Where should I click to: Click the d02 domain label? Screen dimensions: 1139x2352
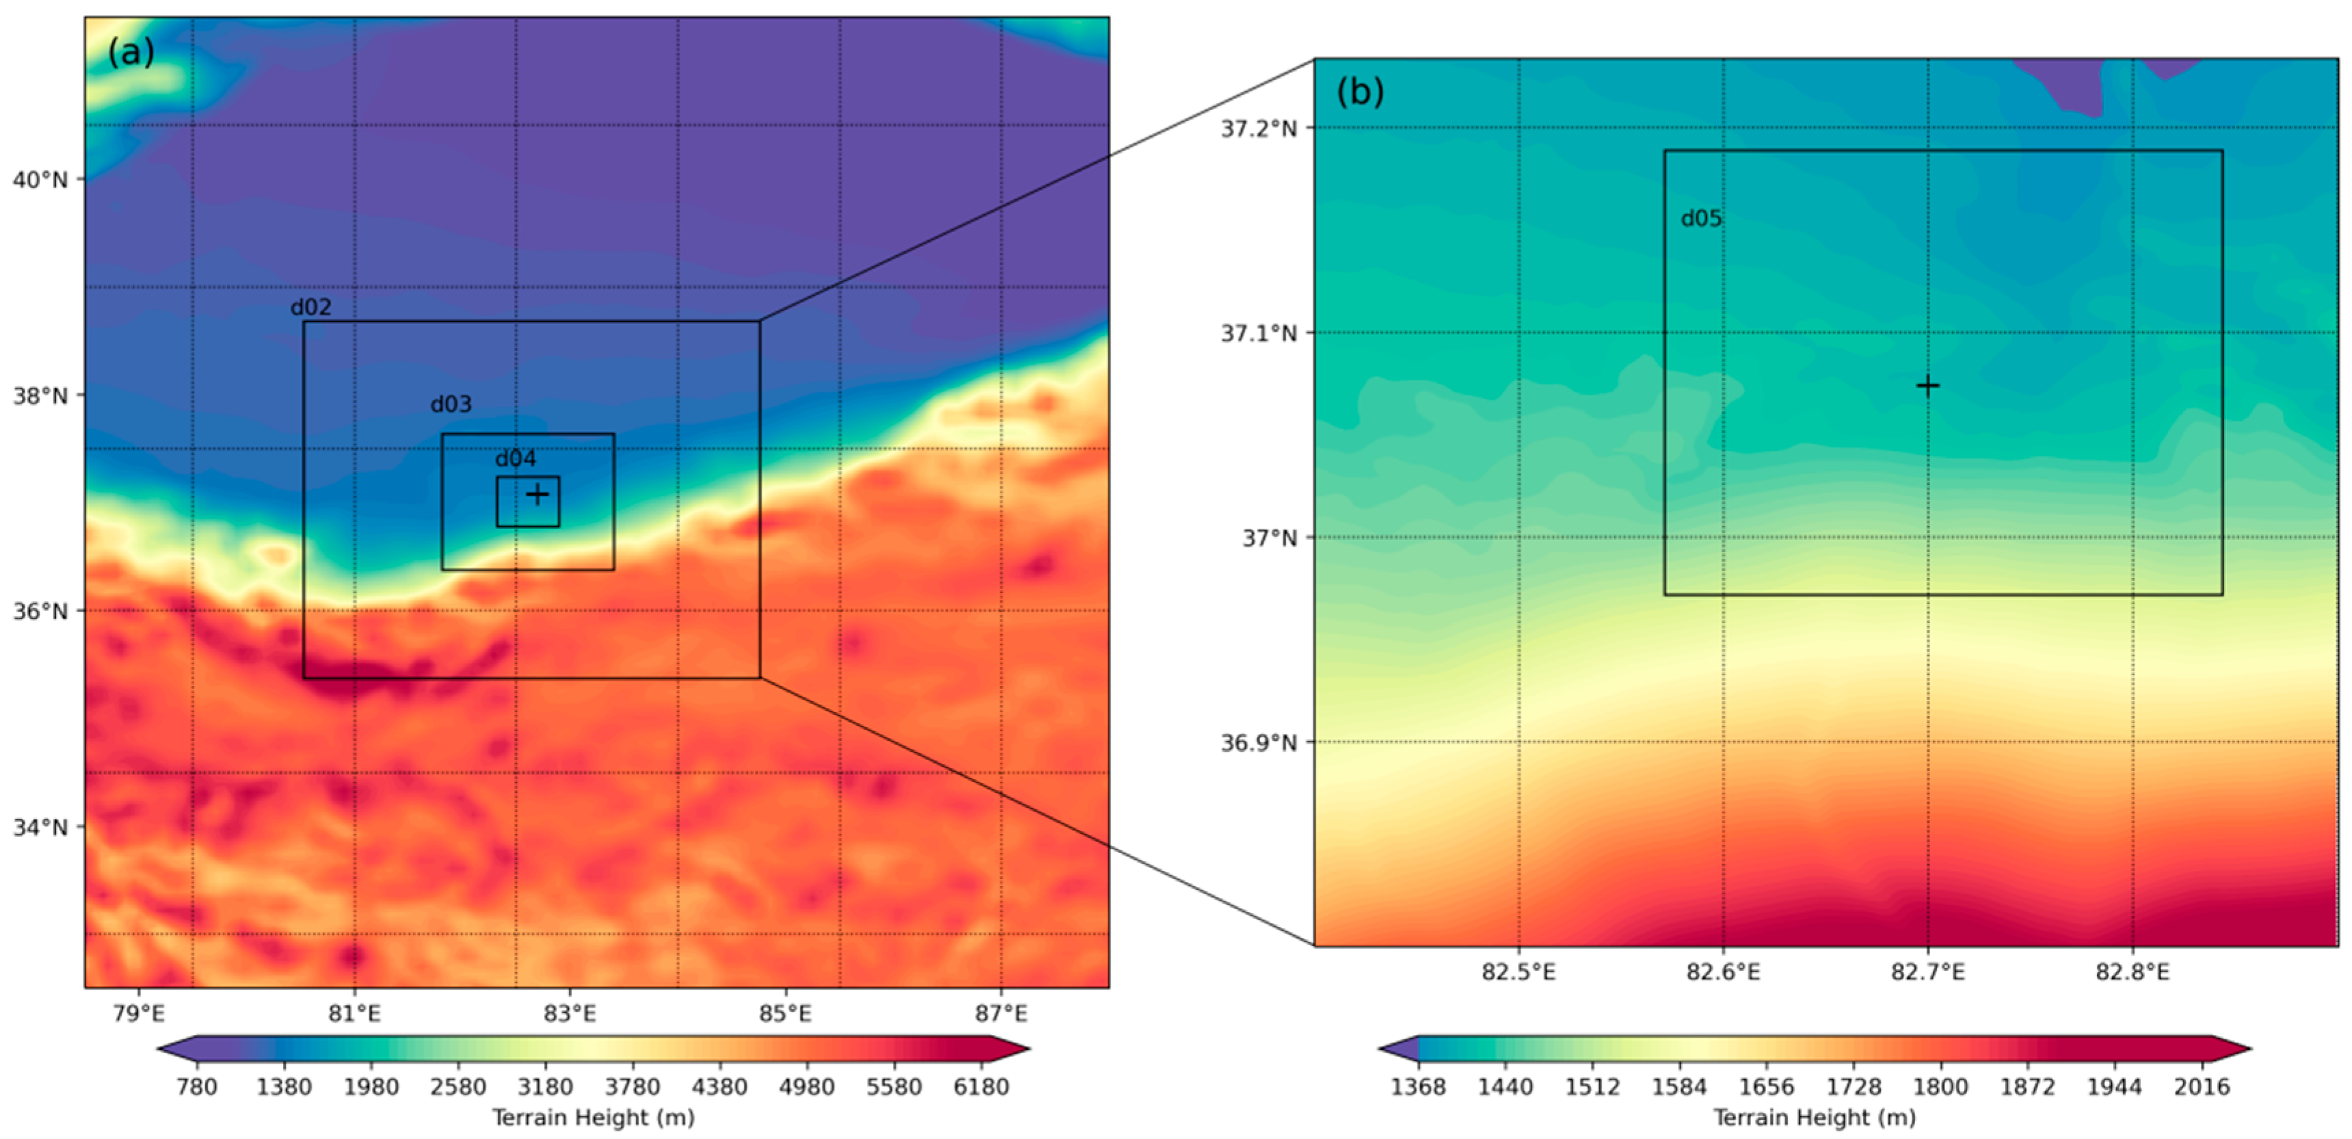310,307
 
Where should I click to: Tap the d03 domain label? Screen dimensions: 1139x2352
451,404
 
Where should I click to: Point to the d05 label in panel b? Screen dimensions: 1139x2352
1701,218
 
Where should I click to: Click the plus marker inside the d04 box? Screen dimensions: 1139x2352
538,494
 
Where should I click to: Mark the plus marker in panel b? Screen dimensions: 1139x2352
1927,385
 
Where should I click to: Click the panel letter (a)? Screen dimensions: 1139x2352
131,52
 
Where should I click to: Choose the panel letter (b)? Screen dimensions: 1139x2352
1359,92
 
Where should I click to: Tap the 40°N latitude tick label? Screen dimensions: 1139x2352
40,179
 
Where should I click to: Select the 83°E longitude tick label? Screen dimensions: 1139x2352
570,1014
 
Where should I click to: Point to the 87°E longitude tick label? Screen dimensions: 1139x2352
1001,1014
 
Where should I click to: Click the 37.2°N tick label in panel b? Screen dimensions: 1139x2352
1258,129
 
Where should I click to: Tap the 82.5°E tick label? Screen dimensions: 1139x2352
1519,972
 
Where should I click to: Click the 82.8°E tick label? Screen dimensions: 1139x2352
2132,972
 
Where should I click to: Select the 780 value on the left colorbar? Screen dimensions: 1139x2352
196,1087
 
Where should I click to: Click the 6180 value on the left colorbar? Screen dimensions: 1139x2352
982,1087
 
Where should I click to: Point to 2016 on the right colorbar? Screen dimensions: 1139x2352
2203,1087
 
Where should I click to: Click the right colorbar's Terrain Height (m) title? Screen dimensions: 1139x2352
1813,1117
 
